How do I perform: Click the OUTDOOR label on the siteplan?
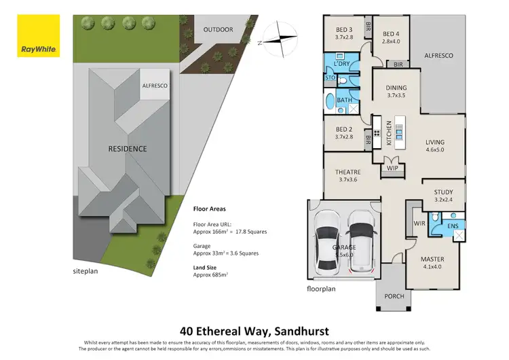(218, 30)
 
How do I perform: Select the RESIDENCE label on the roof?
(128, 149)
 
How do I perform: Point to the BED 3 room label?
(344, 30)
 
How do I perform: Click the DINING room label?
(396, 88)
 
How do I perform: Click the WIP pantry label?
(392, 168)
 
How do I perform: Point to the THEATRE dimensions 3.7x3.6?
(347, 179)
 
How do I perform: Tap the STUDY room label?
(443, 192)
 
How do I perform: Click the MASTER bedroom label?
(432, 259)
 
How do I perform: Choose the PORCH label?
(394, 296)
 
